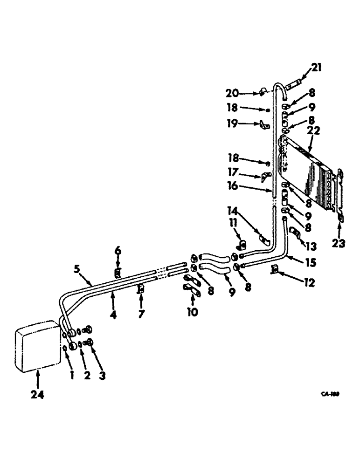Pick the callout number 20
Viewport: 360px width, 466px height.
[x=246, y=93]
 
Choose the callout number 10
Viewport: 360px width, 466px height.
[x=192, y=311]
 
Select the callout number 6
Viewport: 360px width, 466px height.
[x=118, y=251]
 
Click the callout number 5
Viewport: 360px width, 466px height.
[x=79, y=269]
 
